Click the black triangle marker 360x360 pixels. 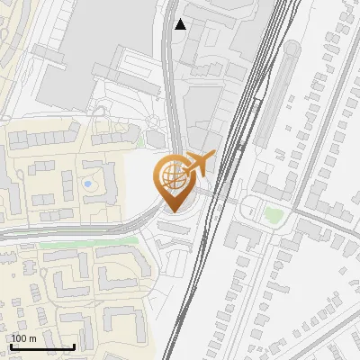181,24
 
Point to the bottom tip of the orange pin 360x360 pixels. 171,211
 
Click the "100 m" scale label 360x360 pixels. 23,338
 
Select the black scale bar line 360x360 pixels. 41,346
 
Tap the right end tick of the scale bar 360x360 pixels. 73,346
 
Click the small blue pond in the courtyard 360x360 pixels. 87,184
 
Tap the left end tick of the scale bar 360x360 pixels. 10,346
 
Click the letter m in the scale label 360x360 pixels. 32,338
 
